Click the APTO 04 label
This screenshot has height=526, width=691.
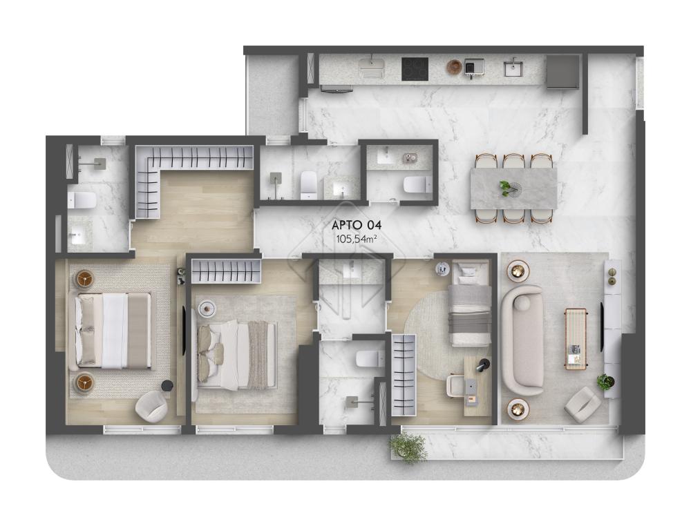[357, 225]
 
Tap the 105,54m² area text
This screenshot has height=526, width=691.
[357, 239]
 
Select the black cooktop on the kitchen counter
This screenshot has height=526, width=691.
[415, 68]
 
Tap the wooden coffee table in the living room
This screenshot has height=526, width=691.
[575, 338]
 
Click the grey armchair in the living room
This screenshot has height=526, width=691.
[582, 405]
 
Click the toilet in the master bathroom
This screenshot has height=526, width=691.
[82, 200]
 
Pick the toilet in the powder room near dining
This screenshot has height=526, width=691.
[416, 184]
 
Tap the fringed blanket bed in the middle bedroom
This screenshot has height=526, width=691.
[237, 353]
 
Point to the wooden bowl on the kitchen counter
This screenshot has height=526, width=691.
[454, 67]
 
